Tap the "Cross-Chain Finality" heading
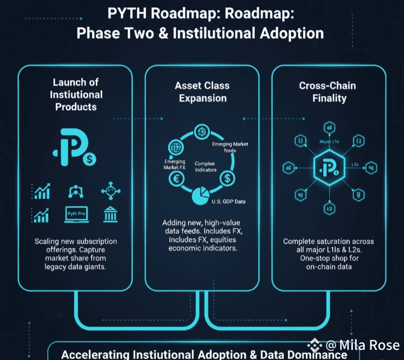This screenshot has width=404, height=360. (327, 92)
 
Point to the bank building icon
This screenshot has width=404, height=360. (109, 214)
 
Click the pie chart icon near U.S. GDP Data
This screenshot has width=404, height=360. (200, 196)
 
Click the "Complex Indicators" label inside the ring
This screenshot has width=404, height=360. (205, 166)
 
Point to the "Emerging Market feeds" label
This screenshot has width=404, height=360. (230, 148)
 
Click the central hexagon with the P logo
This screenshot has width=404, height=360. (327, 167)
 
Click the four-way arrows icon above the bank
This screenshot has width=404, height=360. (111, 191)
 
